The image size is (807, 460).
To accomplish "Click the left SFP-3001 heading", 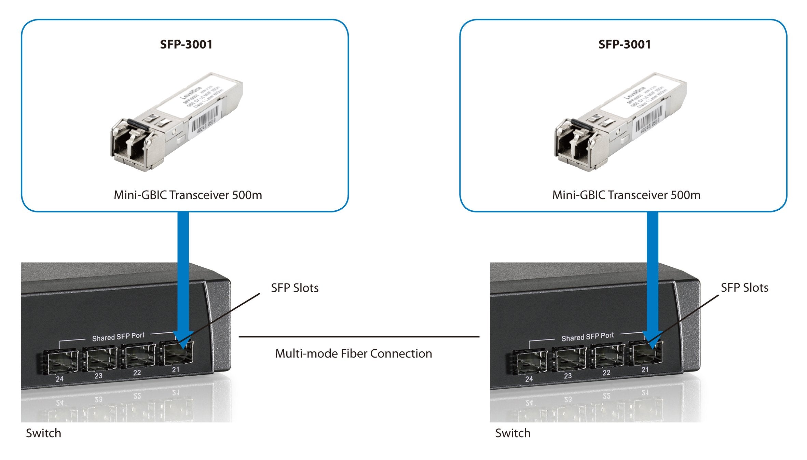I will (x=186, y=44).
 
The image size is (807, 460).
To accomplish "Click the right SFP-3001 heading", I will (x=624, y=44).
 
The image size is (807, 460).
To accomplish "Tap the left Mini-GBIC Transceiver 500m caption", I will (x=188, y=195).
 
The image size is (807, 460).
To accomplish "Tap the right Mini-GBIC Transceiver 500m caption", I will (x=626, y=195).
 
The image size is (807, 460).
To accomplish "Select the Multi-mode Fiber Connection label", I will (x=353, y=353).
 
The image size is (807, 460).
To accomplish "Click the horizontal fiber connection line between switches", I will (x=359, y=337).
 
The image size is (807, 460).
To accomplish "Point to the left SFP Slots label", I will (x=295, y=288).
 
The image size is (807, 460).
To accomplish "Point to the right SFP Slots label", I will (x=744, y=288).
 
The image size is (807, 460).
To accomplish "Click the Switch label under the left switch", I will (x=43, y=433).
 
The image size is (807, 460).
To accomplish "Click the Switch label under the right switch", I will (x=513, y=433).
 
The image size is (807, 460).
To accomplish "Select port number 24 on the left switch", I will (x=59, y=379).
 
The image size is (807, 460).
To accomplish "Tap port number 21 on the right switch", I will (x=645, y=370).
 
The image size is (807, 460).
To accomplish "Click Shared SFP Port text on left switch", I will (x=118, y=337).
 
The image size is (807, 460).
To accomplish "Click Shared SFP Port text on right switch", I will (x=588, y=337).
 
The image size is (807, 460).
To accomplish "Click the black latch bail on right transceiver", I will (x=580, y=124).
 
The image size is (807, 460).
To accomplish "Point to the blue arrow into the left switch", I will (x=183, y=273).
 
